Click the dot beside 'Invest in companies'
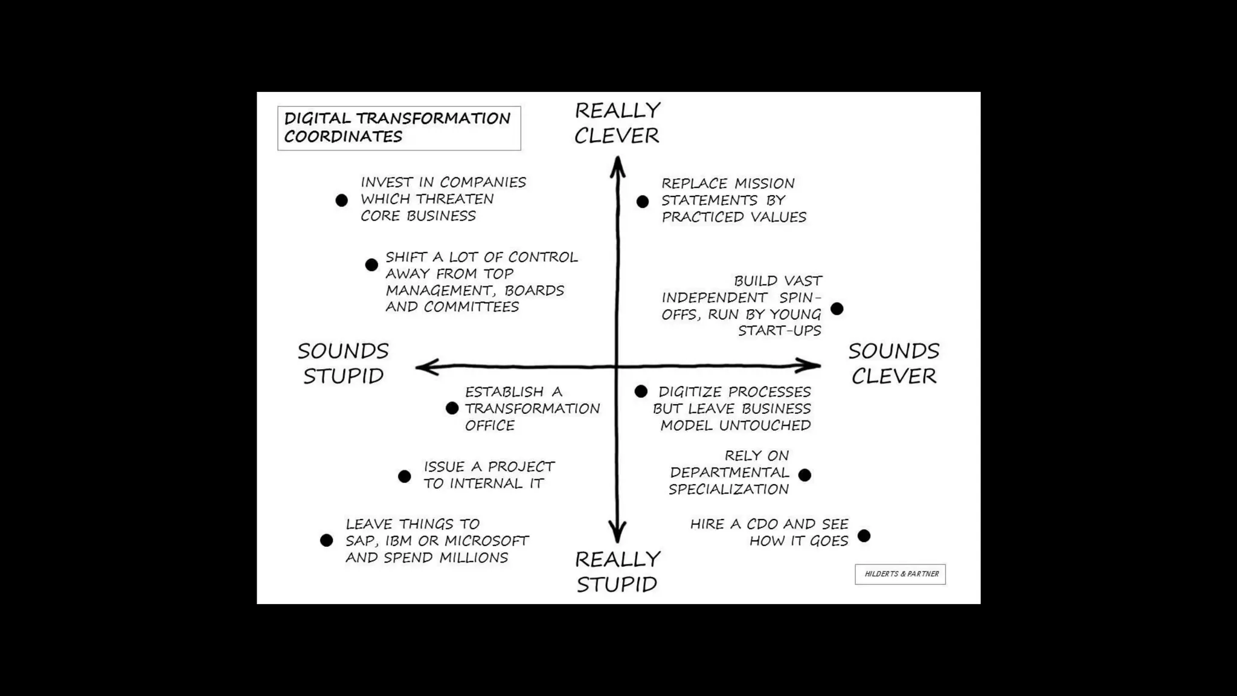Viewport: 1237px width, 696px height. [x=342, y=200]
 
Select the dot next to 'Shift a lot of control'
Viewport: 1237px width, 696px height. [x=371, y=265]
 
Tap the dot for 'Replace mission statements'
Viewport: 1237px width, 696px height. [x=643, y=201]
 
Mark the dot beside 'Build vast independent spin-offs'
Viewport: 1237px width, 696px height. [x=837, y=309]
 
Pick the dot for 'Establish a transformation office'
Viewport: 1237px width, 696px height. [x=452, y=408]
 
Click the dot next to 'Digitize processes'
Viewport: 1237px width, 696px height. [x=641, y=391]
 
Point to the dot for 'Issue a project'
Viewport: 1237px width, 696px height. [x=405, y=476]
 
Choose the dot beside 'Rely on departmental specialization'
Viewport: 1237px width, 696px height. [x=805, y=475]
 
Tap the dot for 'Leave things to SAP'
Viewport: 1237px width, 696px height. [x=327, y=540]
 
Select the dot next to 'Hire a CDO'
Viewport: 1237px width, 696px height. [x=864, y=535]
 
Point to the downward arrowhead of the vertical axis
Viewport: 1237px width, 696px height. [x=617, y=534]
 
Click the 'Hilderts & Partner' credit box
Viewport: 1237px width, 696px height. [x=900, y=574]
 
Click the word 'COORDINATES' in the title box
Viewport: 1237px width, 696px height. [x=343, y=137]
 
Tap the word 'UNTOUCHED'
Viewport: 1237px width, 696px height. [x=765, y=425]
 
